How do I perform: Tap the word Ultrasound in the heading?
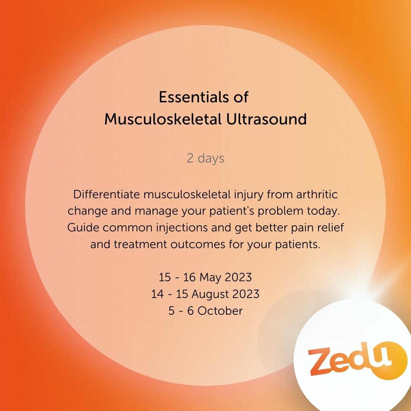click(x=266, y=119)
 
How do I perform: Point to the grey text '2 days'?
click(x=205, y=158)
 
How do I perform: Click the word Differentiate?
click(x=107, y=194)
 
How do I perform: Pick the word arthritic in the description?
click(x=317, y=194)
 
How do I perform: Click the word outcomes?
click(x=198, y=245)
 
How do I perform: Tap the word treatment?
click(x=140, y=245)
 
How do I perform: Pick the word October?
click(x=220, y=311)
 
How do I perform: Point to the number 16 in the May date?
click(x=189, y=277)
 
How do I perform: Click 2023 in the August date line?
click(x=246, y=294)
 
